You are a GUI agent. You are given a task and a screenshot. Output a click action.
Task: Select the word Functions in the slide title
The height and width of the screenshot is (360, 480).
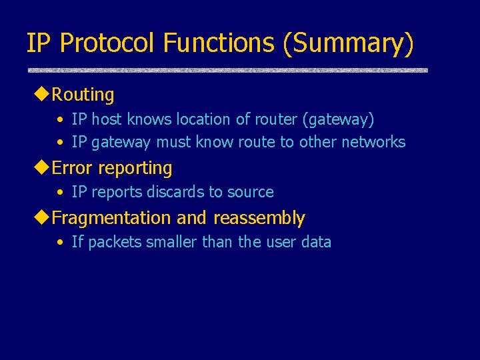[x=218, y=43]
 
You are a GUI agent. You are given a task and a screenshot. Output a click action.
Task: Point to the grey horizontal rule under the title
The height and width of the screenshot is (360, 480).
[x=227, y=70]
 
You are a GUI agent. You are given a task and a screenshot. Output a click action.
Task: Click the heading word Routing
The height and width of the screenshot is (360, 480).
[x=83, y=95]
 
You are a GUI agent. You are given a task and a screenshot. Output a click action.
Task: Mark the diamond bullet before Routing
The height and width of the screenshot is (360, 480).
[x=41, y=95]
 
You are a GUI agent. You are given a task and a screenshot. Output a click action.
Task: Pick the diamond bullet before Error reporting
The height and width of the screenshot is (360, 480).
[x=41, y=168]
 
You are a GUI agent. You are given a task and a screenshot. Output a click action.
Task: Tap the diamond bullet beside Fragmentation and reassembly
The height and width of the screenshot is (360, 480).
[x=41, y=218]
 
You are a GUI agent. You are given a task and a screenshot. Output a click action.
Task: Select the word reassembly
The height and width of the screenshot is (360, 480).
[x=259, y=218]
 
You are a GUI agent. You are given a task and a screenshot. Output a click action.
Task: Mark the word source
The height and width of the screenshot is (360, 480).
[x=250, y=192]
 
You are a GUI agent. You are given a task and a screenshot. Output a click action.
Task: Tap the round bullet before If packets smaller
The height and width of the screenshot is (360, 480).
[x=60, y=243]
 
